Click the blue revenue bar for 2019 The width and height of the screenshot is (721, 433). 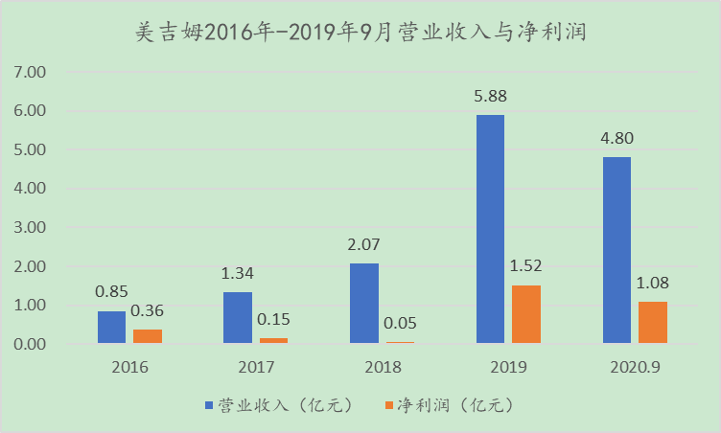490,229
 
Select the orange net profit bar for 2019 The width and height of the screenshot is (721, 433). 525,314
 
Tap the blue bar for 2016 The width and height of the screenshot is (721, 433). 111,327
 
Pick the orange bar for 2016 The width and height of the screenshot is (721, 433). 147,336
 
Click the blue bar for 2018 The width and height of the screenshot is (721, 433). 363,303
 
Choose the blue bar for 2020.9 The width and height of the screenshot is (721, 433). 616,250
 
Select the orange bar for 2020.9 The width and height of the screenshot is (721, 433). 652,323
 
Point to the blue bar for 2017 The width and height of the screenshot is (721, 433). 238,317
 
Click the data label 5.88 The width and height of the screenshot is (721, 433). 490,98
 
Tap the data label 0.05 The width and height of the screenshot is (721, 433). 400,324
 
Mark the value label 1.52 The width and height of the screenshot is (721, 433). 525,267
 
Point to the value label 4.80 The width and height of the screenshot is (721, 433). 616,140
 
